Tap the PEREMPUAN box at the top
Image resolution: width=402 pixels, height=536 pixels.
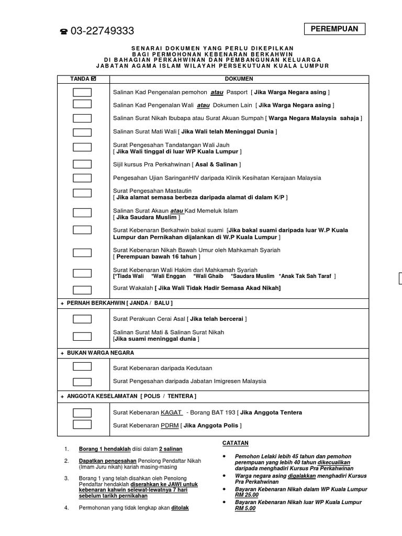pyautogui.click(x=334, y=29)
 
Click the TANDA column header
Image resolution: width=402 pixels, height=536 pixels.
pyautogui.click(x=83, y=79)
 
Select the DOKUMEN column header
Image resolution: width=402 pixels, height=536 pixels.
pyautogui.click(x=239, y=79)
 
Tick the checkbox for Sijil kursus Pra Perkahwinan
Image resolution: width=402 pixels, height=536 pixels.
pyautogui.click(x=82, y=164)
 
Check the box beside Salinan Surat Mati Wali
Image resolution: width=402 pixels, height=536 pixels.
pyautogui.click(x=82, y=132)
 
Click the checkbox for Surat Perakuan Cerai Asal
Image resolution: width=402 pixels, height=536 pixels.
pyautogui.click(x=82, y=319)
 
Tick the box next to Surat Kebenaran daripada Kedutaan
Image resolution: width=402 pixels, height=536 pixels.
pyautogui.click(x=82, y=366)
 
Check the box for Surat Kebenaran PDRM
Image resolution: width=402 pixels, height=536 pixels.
pyautogui.click(x=82, y=425)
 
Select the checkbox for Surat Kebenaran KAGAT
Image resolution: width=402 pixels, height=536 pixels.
pyautogui.click(x=82, y=412)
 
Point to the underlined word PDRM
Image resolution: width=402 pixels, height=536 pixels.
pyautogui.click(x=170, y=426)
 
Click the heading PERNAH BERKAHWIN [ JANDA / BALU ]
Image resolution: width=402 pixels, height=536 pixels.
pyautogui.click(x=119, y=303)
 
